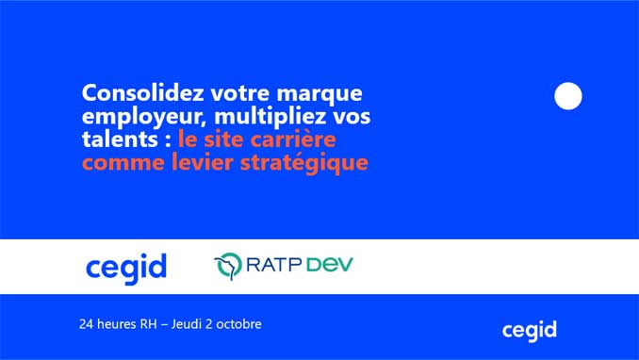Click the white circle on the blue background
tap(568, 96)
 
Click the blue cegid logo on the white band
tap(125, 269)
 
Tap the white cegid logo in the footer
tap(529, 330)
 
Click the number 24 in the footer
tap(88, 324)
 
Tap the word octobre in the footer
tap(238, 324)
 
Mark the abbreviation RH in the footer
tap(148, 324)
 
